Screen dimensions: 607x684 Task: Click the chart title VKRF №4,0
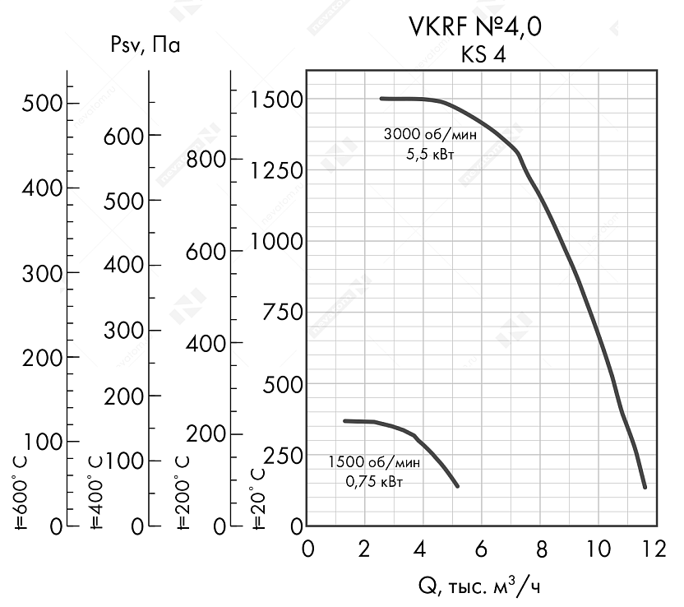[474, 28]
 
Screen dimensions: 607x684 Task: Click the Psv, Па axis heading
[145, 46]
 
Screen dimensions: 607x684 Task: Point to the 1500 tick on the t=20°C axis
[278, 99]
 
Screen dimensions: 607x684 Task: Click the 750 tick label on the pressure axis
[282, 312]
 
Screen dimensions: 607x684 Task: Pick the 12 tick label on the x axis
[654, 549]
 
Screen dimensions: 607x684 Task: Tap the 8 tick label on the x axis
[540, 549]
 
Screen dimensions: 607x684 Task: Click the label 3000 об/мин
[418, 135]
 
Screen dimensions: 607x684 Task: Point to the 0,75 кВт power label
[375, 481]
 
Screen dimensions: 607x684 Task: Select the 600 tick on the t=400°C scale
[124, 136]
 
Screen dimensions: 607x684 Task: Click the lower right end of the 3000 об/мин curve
[645, 487]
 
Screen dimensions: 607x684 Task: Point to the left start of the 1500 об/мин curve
[345, 420]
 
